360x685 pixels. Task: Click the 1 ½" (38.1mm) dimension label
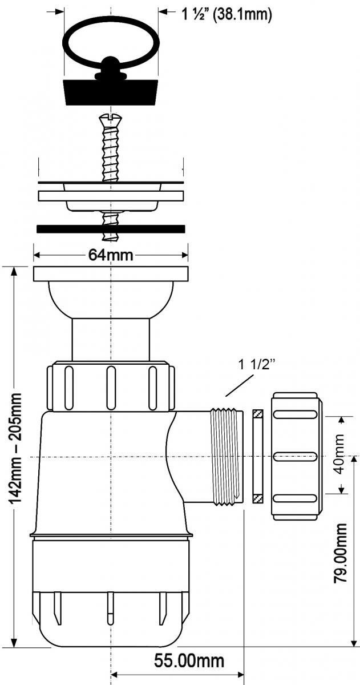[226, 14]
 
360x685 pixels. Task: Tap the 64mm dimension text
[111, 255]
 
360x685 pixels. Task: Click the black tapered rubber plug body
[111, 92]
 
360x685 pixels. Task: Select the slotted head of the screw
[110, 117]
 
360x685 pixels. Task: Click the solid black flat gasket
[111, 229]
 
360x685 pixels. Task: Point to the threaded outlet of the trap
[226, 457]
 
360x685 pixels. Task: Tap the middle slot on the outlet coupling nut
[294, 457]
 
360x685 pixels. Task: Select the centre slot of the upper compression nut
[111, 388]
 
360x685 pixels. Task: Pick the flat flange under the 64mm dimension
[111, 274]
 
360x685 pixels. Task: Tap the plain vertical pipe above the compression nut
[111, 340]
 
